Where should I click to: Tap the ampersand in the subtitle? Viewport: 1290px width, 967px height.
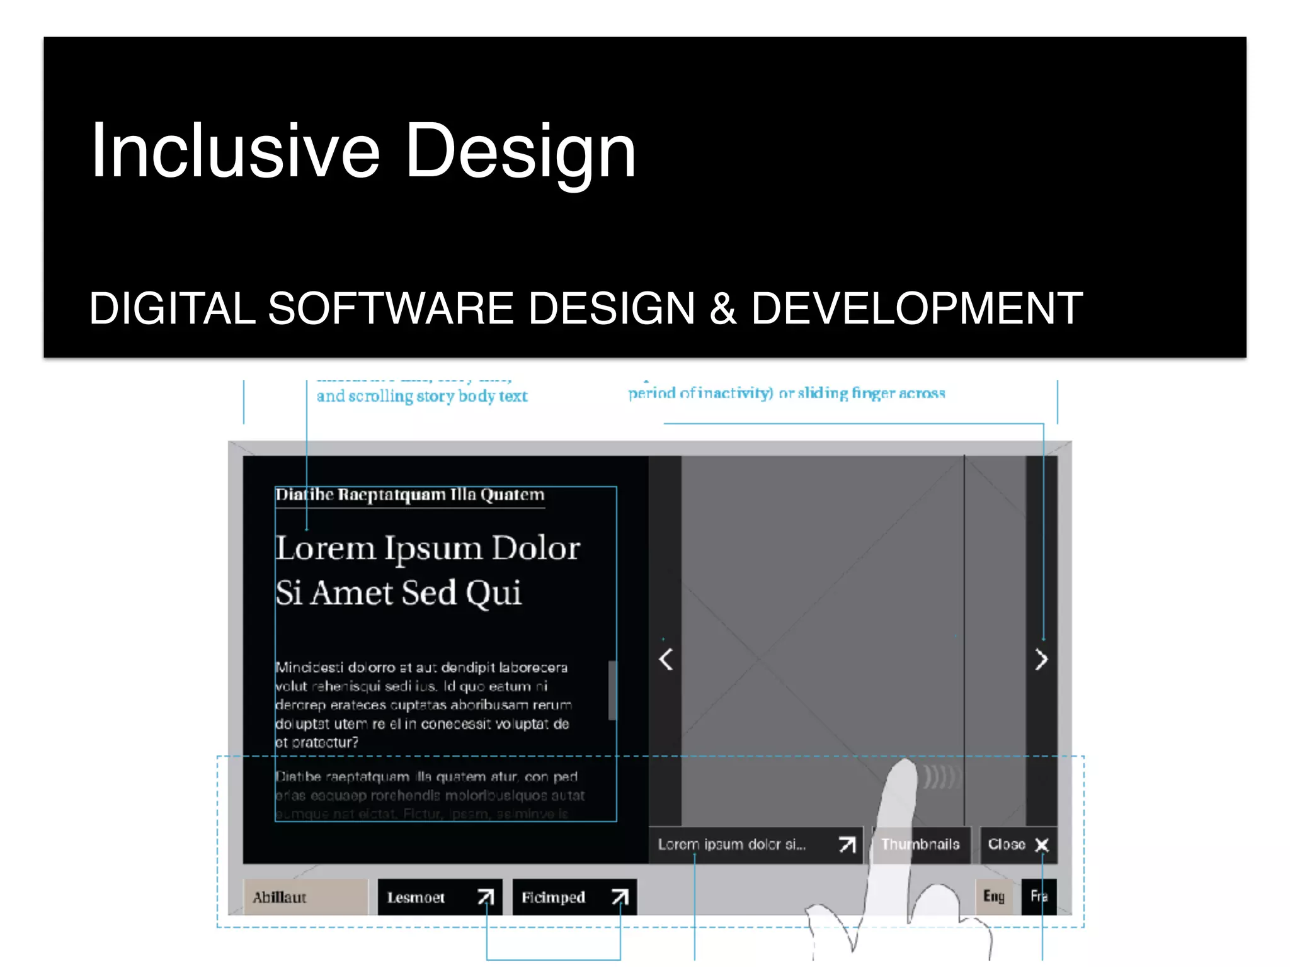(x=723, y=308)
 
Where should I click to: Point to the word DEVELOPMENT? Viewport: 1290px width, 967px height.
(x=916, y=308)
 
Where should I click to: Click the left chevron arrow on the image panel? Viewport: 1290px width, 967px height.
(x=666, y=659)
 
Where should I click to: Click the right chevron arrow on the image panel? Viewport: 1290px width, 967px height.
(x=1041, y=659)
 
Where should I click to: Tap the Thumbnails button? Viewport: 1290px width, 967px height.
(x=921, y=844)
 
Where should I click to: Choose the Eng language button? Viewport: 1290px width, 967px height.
(x=993, y=896)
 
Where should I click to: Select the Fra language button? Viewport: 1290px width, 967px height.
(x=1039, y=896)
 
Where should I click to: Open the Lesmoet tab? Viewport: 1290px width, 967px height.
(x=440, y=897)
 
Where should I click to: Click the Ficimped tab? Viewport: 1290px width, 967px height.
(x=574, y=897)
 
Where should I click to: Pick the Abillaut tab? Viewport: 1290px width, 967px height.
(x=305, y=897)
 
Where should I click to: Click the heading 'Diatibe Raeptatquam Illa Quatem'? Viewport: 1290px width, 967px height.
(x=410, y=495)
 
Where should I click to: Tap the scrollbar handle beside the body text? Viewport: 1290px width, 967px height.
(x=612, y=690)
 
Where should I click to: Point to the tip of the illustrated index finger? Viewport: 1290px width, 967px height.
(x=905, y=766)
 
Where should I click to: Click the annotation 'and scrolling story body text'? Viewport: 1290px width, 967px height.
(x=422, y=396)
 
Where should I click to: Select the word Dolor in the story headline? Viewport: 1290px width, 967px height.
(x=535, y=548)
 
